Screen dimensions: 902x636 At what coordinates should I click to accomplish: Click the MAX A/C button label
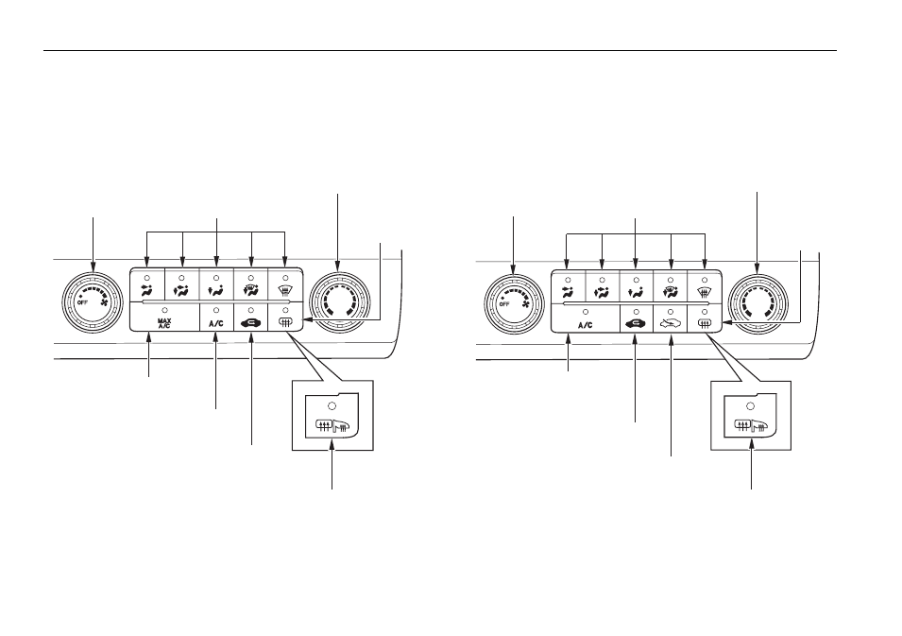coord(164,323)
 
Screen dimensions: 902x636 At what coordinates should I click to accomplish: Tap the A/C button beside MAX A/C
coord(215,323)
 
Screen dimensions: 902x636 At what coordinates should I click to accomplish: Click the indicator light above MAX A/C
coord(164,310)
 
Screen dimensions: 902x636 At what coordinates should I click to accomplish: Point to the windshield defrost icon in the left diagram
coord(284,291)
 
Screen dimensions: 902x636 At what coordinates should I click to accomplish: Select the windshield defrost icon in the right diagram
coord(705,292)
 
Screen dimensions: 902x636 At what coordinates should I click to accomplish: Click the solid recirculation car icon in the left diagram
coord(251,323)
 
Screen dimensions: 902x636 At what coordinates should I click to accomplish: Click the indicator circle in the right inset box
coord(750,405)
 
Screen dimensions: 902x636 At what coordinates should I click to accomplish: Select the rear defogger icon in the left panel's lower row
coord(284,323)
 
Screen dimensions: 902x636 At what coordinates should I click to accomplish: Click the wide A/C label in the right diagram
coord(585,325)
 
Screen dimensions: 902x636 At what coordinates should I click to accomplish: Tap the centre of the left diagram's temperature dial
coord(338,301)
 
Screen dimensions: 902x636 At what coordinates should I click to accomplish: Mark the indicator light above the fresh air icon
coord(671,311)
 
